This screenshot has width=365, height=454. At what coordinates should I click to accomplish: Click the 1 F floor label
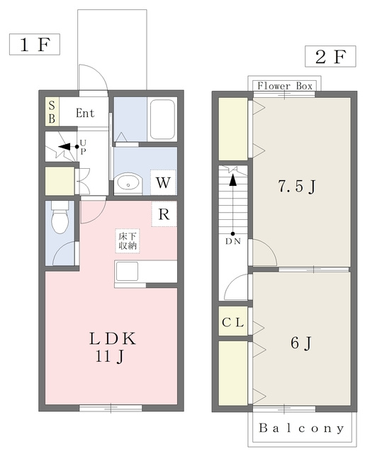click(35, 45)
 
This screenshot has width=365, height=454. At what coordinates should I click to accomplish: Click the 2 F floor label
click(330, 57)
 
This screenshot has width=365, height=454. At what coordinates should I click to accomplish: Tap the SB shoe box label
click(52, 112)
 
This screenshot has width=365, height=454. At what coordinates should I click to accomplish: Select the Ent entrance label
click(85, 113)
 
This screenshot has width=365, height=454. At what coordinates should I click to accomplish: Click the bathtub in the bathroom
click(163, 120)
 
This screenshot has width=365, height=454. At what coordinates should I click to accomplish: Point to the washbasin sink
click(128, 183)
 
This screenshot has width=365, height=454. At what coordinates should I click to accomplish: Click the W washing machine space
click(163, 183)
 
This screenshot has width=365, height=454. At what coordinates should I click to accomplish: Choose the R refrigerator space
click(164, 214)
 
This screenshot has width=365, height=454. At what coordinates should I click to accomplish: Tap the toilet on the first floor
click(60, 217)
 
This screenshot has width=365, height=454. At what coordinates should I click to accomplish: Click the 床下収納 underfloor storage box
click(128, 241)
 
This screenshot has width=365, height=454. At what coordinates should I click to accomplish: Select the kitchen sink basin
click(127, 271)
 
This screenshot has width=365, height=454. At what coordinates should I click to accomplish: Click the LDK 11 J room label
click(112, 347)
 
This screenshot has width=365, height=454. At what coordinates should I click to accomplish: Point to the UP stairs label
click(83, 147)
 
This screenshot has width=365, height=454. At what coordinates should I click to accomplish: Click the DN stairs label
click(233, 241)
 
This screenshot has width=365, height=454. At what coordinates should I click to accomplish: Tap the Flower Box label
click(285, 86)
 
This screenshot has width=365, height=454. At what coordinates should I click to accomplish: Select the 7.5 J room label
click(297, 186)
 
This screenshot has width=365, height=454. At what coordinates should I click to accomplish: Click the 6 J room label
click(301, 343)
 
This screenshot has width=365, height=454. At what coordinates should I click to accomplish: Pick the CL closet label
click(233, 322)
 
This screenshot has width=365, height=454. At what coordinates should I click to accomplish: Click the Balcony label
click(301, 428)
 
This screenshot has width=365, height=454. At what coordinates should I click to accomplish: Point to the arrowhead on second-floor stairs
click(233, 179)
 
